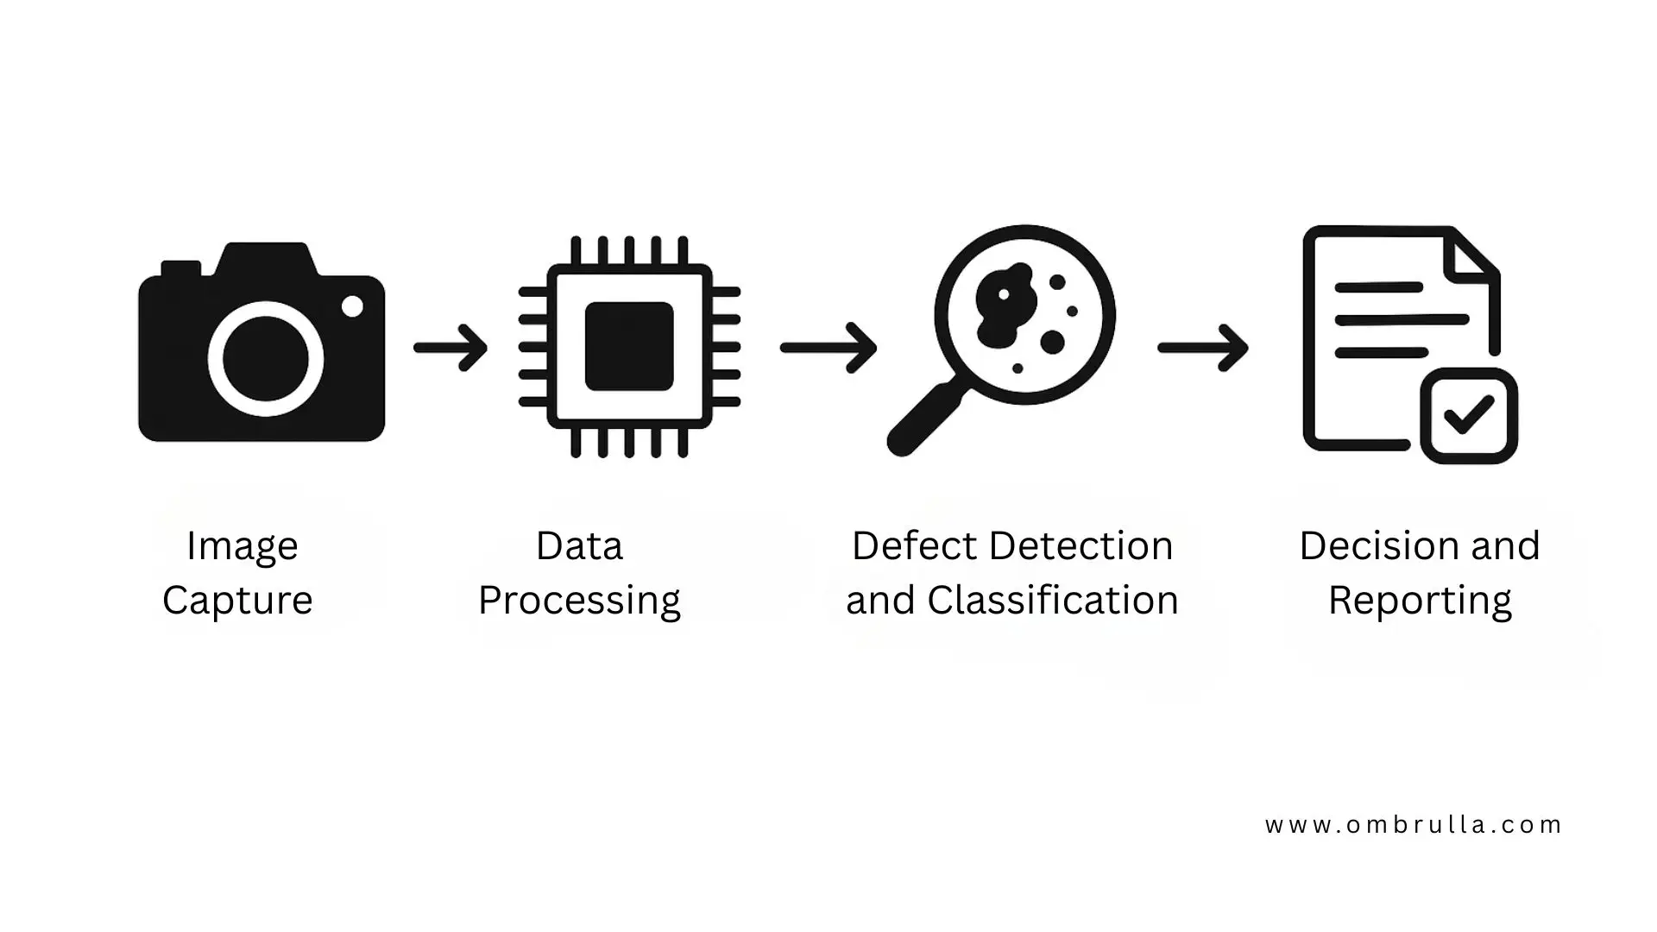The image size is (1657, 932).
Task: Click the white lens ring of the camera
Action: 216,358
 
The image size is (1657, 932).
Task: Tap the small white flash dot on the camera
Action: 352,306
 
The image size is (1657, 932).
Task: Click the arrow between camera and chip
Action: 451,348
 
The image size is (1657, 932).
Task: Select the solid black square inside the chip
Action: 629,346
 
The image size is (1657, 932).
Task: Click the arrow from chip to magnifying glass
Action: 829,348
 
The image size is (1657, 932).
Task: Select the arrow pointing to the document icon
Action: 1203,348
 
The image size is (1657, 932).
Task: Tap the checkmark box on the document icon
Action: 1469,416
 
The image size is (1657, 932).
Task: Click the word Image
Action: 243,546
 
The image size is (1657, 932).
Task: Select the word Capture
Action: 237,601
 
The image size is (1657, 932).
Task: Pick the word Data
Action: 579,546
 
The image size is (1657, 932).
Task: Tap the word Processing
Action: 579,601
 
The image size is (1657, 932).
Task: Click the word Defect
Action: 915,546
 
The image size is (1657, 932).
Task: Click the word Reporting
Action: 1420,601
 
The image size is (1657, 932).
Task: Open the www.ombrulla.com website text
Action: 1414,825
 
